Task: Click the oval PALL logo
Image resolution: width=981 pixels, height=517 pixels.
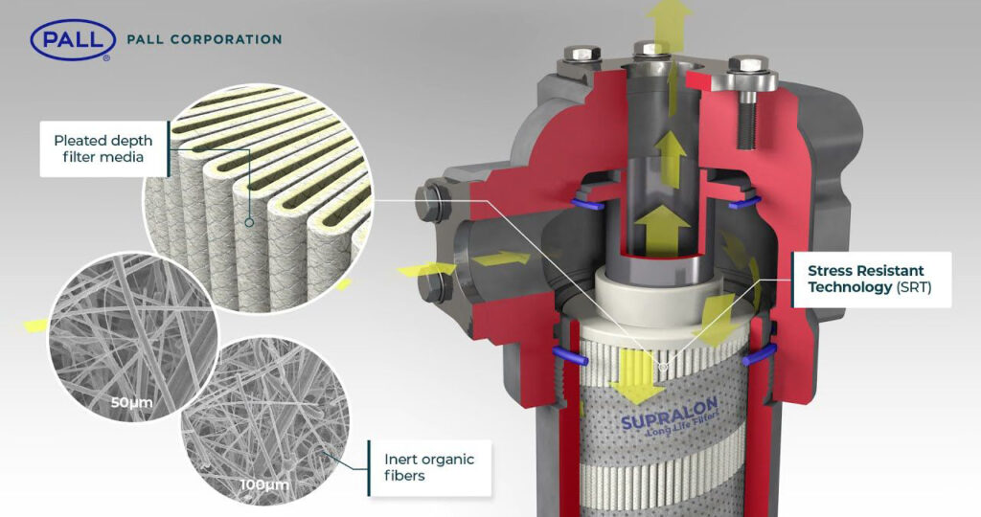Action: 73,40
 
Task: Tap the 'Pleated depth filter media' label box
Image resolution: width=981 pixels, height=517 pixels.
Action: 103,148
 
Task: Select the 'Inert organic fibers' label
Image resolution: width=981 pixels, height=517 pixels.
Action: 430,467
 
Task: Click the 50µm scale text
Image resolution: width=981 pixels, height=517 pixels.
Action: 131,402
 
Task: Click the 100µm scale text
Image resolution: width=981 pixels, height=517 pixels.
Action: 264,483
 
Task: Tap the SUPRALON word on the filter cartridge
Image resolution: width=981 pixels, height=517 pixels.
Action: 669,414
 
